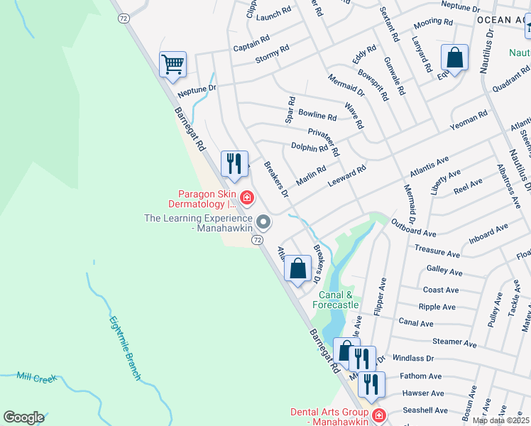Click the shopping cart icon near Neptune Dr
click(173, 65)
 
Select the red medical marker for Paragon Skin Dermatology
click(246, 197)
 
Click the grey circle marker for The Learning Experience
click(263, 223)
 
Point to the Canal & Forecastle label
click(336, 300)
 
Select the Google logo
click(23, 417)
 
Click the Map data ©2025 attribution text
click(500, 420)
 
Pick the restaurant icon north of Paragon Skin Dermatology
click(234, 164)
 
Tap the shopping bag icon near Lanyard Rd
click(454, 58)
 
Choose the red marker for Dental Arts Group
click(379, 415)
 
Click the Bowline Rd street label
click(317, 115)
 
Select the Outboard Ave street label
click(413, 227)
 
